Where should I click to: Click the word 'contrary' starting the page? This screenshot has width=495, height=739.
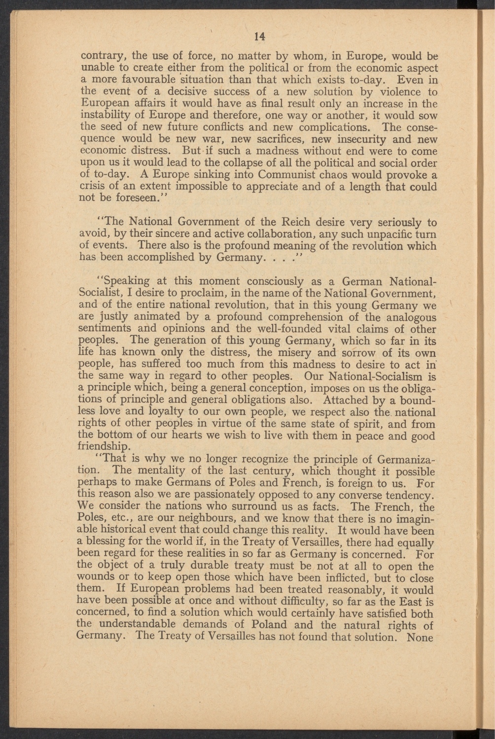[99, 56]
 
